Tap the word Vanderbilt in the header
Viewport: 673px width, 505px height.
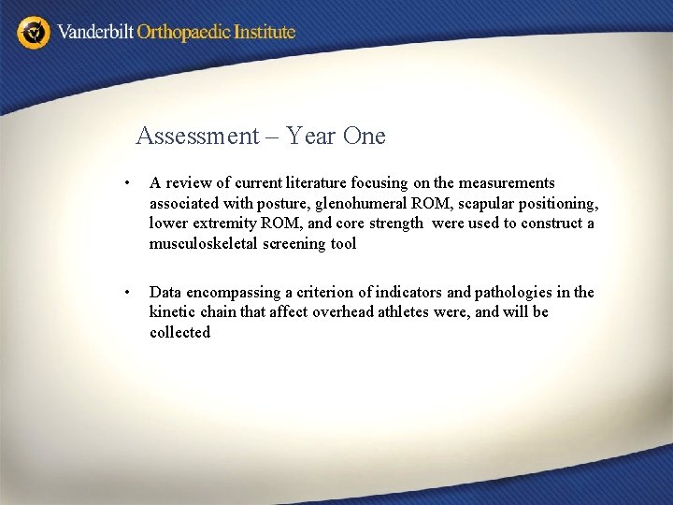pos(95,32)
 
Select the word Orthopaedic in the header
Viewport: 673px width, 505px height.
pos(186,32)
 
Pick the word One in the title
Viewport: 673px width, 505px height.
pos(365,137)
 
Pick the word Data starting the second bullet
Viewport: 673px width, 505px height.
pos(165,293)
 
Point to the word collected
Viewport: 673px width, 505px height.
pos(179,333)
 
